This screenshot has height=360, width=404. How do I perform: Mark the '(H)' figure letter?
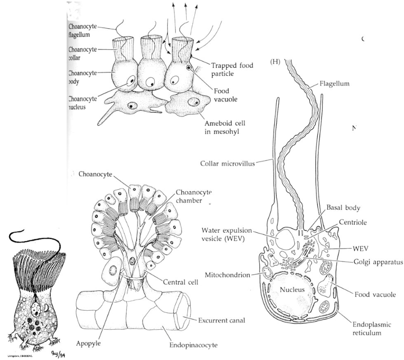[x=275, y=62]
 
